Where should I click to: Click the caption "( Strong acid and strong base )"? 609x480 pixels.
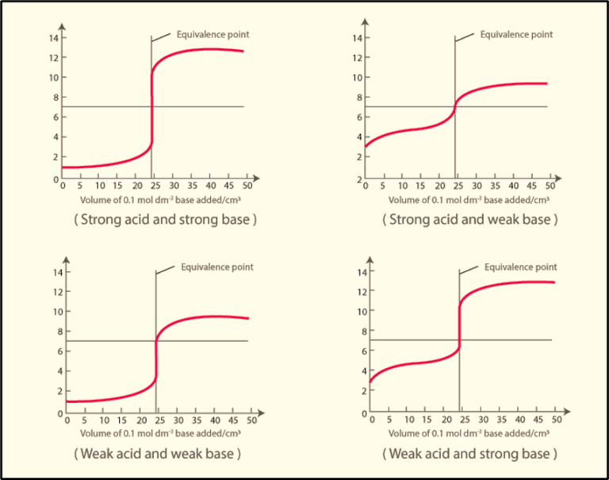(165, 220)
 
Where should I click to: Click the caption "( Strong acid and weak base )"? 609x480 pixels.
(469, 220)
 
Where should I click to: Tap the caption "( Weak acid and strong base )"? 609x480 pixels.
(469, 454)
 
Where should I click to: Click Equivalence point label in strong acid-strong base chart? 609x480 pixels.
(213, 34)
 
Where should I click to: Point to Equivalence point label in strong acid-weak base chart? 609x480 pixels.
(516, 34)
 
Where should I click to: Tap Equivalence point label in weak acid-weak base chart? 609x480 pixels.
(217, 267)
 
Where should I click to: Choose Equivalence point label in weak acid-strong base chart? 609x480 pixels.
(521, 267)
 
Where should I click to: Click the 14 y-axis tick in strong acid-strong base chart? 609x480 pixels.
(54, 38)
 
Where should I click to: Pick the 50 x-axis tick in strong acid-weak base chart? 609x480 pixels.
(549, 186)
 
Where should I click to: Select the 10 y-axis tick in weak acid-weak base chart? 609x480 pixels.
(57, 311)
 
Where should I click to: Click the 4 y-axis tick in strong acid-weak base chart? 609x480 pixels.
(359, 136)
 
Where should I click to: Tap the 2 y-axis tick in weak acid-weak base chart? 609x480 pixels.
(59, 390)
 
